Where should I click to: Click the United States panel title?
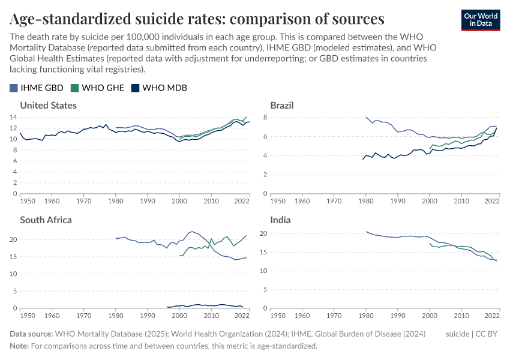(48, 105)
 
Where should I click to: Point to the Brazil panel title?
(281, 105)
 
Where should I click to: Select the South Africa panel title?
(46, 220)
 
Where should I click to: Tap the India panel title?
(280, 220)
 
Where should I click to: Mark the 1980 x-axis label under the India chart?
(365, 315)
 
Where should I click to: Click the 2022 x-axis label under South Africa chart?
(242, 315)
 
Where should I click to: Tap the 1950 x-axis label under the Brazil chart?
(278, 200)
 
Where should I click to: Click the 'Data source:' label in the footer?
(31, 334)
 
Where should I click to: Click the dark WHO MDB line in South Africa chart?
(204, 305)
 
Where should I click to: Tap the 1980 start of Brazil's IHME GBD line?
(366, 117)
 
